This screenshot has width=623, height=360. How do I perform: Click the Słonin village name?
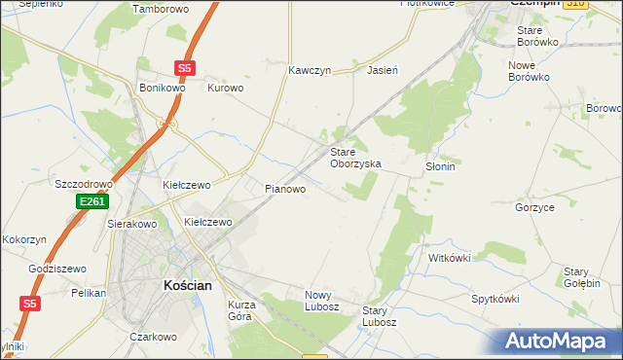[x=441, y=166]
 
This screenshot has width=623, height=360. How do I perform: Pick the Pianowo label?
[x=286, y=189]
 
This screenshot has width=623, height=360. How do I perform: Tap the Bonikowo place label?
[x=162, y=88]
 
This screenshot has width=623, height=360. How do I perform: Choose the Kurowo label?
[x=226, y=88]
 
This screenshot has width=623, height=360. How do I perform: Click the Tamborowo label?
[x=160, y=9]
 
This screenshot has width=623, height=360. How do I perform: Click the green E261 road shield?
[x=92, y=201]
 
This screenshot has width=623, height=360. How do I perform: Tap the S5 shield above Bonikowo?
[x=186, y=68]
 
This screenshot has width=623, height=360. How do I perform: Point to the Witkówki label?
[x=450, y=258]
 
